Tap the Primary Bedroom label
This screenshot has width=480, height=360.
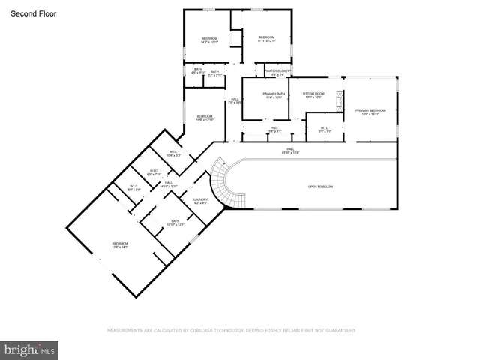pos(367,112)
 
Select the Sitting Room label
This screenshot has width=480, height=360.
pos(313,95)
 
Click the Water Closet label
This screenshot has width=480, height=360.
pos(276,73)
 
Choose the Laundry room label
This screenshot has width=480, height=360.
pos(200,201)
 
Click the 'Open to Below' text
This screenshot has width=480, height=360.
pos(322,186)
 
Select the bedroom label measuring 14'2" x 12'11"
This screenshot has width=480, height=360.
pos(208,40)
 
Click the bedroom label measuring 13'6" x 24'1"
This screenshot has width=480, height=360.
pos(120,245)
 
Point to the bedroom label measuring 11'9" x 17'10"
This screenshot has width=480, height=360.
pos(205,118)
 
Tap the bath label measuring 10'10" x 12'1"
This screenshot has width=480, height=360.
pos(175,223)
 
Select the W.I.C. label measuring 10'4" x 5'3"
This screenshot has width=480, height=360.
pos(173,154)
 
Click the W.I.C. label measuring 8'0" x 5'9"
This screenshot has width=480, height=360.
pos(133,188)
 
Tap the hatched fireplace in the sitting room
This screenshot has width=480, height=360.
pos(339,98)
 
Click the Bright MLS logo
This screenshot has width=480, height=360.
pos(29,349)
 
